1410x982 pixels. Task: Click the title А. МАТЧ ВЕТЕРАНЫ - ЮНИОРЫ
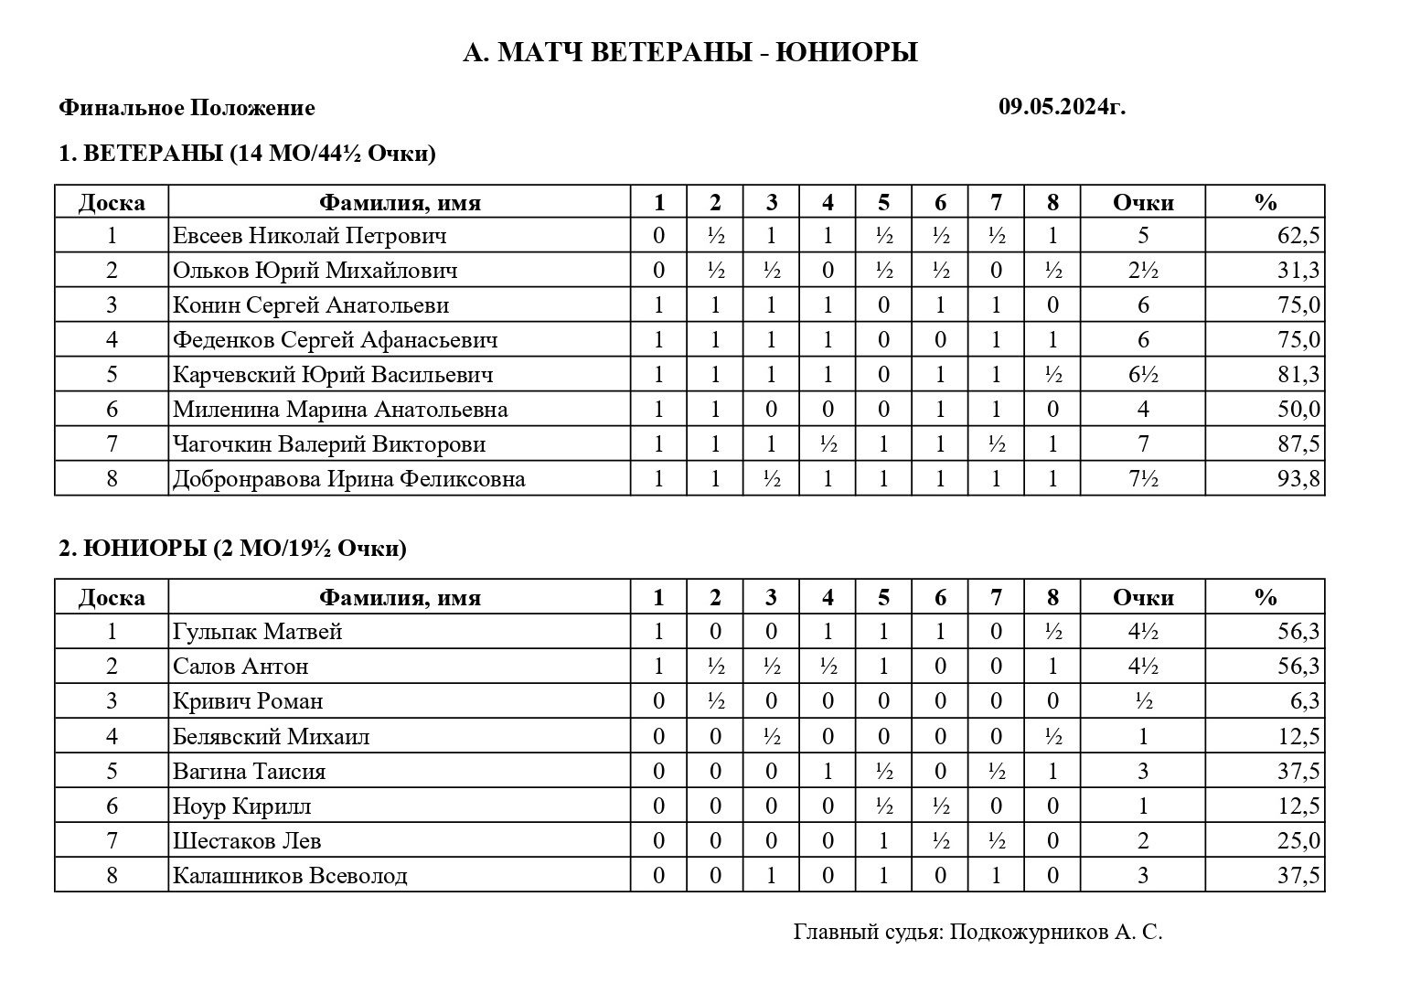[x=690, y=53]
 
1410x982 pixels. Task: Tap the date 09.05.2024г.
[x=1062, y=107]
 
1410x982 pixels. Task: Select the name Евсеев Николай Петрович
[x=309, y=236]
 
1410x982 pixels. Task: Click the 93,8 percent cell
[x=1298, y=479]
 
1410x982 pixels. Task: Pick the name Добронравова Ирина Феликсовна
[x=348, y=479]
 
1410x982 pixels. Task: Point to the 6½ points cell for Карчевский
[x=1143, y=375]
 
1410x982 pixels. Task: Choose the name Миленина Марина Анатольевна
[x=340, y=410]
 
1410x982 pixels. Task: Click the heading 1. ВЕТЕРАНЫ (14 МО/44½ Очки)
[x=247, y=153]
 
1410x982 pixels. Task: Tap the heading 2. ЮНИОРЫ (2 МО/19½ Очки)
[x=232, y=549]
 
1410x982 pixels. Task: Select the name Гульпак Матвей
[x=257, y=632]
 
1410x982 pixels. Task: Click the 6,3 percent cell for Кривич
[x=1304, y=701]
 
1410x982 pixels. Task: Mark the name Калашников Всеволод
[x=290, y=876]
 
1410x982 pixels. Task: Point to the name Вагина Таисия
[x=249, y=772]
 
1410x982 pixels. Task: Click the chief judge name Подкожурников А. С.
[x=1056, y=932]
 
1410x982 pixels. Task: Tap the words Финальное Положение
[x=187, y=108]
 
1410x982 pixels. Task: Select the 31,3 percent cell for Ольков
[x=1298, y=271]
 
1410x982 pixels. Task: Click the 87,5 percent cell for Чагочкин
[x=1298, y=444]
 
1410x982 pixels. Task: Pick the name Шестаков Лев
[x=247, y=841]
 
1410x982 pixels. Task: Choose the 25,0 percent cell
[x=1298, y=841]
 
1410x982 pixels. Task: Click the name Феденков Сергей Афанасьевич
[x=335, y=340]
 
